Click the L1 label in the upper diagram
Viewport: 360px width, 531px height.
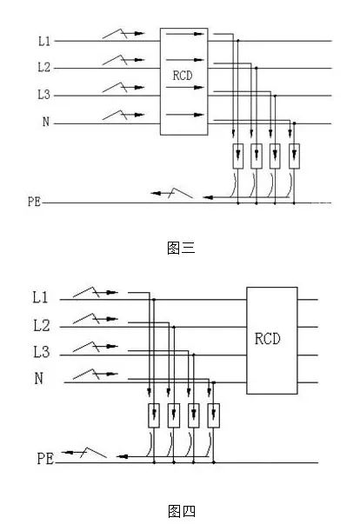(44, 41)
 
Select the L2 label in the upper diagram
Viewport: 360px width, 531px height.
(44, 67)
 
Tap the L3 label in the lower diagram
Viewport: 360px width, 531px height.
(42, 351)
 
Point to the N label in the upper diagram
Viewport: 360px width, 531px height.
(46, 122)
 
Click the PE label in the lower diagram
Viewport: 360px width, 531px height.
(45, 459)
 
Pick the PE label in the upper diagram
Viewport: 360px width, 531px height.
(34, 202)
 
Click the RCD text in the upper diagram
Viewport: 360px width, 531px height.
(183, 76)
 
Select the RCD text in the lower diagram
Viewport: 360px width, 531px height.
(268, 338)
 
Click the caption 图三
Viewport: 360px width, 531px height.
(181, 248)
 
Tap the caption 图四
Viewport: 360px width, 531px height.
(182, 511)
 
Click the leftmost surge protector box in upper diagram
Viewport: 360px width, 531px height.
(238, 156)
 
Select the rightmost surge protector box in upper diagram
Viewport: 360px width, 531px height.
(294, 156)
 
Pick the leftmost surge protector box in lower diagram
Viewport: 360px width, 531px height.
(154, 415)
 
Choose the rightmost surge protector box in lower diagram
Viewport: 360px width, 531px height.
(214, 415)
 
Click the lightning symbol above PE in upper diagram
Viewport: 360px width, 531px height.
(172, 193)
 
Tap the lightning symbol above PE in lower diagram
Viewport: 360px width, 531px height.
(84, 453)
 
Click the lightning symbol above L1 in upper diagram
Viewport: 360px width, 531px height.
(123, 34)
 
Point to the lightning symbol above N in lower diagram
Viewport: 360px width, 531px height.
(96, 374)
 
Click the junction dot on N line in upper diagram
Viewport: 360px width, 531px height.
(294, 123)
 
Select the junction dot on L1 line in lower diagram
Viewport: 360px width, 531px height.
(154, 299)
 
